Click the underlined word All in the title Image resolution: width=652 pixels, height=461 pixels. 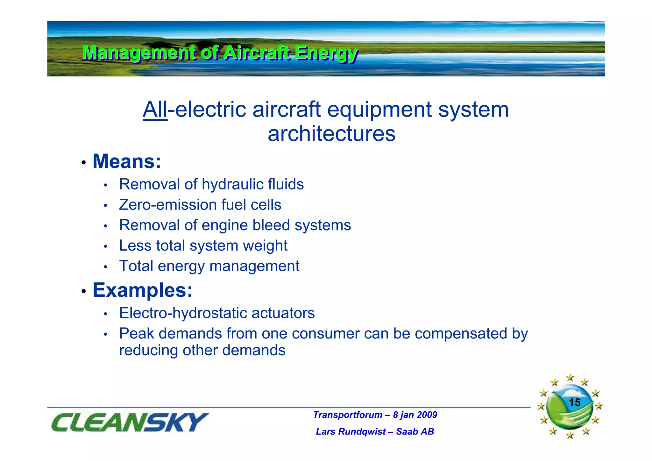155,110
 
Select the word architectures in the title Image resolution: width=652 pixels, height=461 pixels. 331,134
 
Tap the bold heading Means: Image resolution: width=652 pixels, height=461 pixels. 127,161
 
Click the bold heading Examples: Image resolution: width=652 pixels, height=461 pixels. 142,290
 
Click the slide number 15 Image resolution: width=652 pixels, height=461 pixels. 574,402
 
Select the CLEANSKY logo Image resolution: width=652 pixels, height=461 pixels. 130,422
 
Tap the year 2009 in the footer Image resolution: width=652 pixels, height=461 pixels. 427,415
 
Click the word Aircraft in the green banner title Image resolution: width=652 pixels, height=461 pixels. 257,53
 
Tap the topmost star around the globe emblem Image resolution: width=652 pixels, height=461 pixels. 570,378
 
